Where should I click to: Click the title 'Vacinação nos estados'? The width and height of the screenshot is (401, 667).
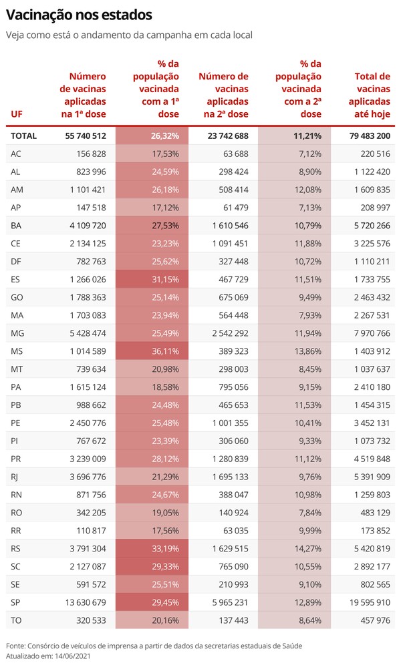click(79, 15)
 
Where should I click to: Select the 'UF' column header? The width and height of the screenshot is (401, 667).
click(17, 114)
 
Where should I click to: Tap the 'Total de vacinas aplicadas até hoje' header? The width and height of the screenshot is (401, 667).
click(370, 95)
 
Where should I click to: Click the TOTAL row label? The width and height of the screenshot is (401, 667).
click(24, 136)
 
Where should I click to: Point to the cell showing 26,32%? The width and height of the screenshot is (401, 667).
click(164, 136)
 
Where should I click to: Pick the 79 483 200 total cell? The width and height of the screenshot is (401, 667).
click(370, 136)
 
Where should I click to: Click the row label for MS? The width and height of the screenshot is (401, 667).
click(17, 351)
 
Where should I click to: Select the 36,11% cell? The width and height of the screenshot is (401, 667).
click(166, 351)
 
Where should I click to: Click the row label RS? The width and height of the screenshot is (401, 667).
click(16, 549)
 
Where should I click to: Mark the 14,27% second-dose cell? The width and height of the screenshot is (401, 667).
click(308, 549)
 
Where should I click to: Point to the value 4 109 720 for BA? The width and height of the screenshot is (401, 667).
click(88, 226)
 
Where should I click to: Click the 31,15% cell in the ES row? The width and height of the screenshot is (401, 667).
click(166, 280)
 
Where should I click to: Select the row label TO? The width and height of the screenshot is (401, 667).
click(16, 621)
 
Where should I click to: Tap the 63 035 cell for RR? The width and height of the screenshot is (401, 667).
click(236, 531)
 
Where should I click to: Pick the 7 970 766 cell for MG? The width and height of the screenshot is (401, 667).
click(372, 334)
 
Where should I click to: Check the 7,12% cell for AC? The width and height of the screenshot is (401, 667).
click(310, 154)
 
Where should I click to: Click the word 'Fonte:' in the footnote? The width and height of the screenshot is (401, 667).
click(15, 646)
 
